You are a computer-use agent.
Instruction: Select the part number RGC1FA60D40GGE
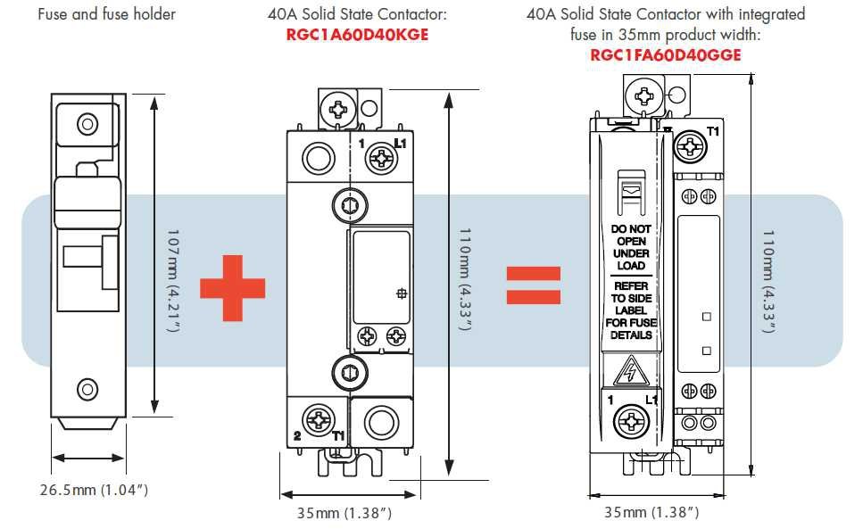point(666,54)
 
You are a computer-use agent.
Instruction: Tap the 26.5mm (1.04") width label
point(93,490)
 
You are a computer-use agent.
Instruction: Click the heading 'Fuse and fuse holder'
point(106,14)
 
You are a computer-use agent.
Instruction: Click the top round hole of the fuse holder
point(87,122)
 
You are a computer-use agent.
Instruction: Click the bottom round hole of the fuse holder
point(87,388)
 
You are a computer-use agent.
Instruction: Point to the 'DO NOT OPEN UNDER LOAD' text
point(630,247)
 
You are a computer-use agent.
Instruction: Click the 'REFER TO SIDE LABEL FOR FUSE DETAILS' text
point(630,310)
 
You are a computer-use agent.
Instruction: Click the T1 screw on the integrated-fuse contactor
point(690,145)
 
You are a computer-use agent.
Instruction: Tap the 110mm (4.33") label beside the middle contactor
point(463,279)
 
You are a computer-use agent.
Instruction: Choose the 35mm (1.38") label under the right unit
point(651,512)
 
